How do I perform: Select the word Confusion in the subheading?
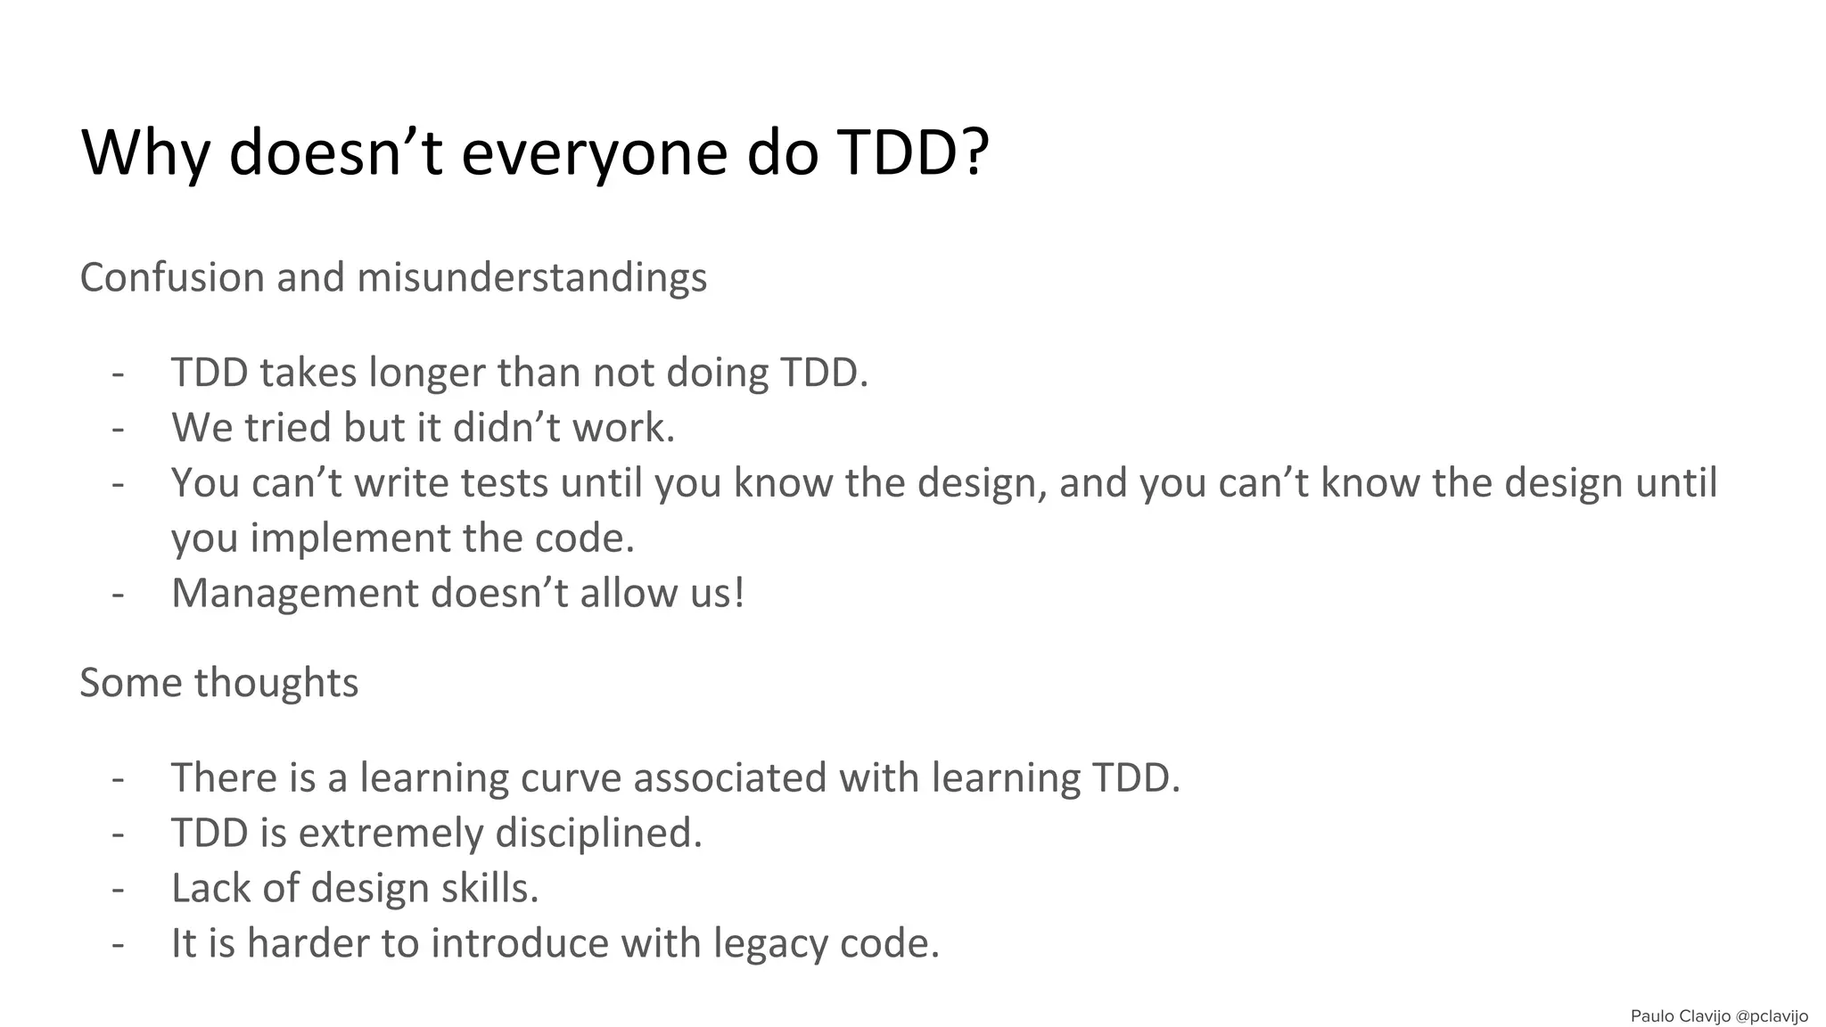(172, 277)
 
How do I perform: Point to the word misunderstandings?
(532, 277)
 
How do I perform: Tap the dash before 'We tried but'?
(118, 428)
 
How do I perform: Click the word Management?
(294, 594)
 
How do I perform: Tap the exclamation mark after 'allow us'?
(737, 594)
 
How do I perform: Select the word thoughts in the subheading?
(276, 683)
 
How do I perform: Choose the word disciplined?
(598, 834)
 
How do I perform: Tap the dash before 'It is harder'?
(118, 944)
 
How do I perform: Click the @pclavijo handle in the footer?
(1772, 1016)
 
